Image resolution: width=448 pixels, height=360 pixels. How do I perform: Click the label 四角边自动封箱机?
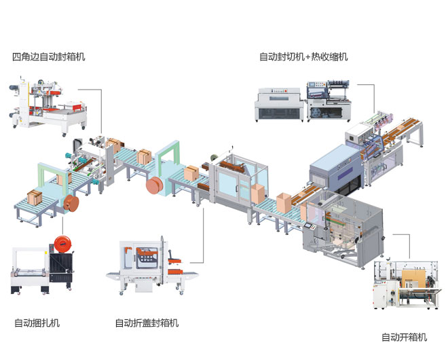tap(49, 57)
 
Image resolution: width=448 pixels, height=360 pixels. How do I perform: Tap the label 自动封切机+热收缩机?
tap(303, 57)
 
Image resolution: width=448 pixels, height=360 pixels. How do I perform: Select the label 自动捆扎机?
tap(37, 323)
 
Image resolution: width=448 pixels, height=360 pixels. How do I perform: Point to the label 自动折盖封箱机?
tap(147, 323)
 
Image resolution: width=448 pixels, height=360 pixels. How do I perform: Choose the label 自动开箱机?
tap(405, 337)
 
